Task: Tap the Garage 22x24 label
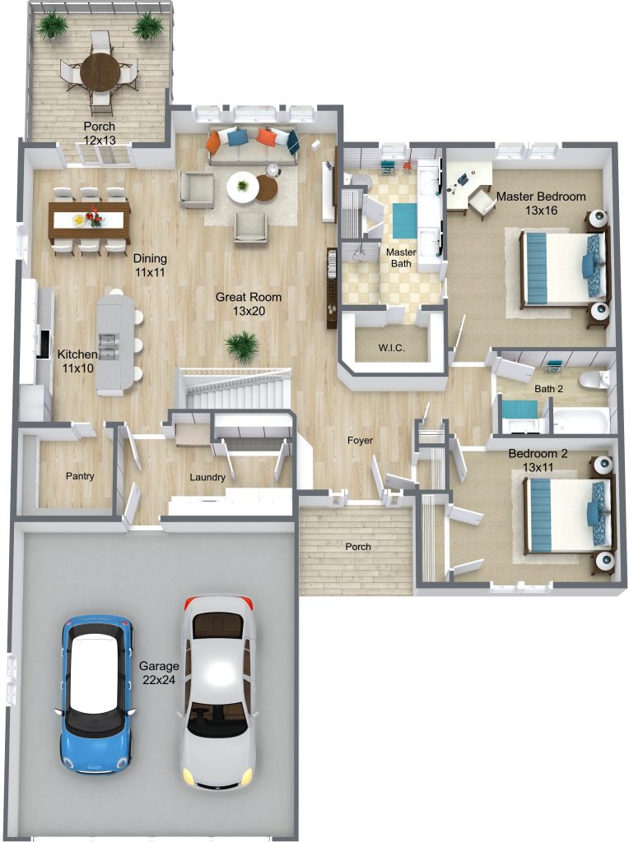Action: click(x=159, y=673)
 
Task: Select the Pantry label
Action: click(x=80, y=476)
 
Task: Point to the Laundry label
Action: click(x=207, y=477)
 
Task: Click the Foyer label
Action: click(x=360, y=441)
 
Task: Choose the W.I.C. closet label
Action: click(x=391, y=348)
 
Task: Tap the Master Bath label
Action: click(x=401, y=257)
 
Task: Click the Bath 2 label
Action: click(x=548, y=388)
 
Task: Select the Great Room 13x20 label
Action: click(x=249, y=303)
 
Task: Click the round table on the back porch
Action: click(x=100, y=72)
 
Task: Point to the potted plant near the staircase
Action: click(x=241, y=346)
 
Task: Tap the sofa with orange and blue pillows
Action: click(x=252, y=146)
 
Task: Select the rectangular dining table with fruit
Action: click(x=89, y=220)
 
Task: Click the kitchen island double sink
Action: click(x=108, y=346)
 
